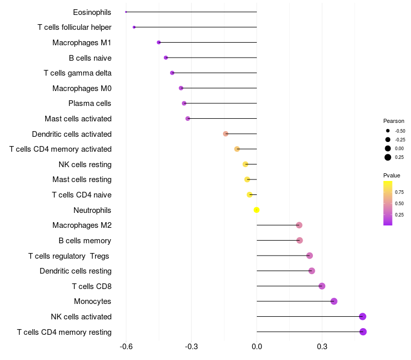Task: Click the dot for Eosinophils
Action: (x=126, y=12)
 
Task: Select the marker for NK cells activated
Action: (x=363, y=316)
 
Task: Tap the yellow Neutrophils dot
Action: (x=257, y=210)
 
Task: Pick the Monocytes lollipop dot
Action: (x=334, y=301)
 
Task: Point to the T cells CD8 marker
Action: (x=322, y=286)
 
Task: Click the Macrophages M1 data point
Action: (x=159, y=42)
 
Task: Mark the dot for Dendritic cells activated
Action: (x=226, y=134)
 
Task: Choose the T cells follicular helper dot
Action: (x=134, y=27)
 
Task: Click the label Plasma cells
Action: (x=90, y=103)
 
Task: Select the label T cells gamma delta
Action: (x=78, y=73)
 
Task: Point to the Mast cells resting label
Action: (x=82, y=179)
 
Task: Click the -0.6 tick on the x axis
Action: (x=126, y=347)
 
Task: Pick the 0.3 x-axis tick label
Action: (x=322, y=347)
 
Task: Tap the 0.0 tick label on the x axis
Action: (x=257, y=347)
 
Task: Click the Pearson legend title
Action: (x=394, y=121)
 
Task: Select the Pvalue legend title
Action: (x=391, y=175)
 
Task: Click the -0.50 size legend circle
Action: (x=388, y=131)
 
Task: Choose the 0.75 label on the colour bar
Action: (x=399, y=192)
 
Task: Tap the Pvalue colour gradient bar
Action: (x=388, y=203)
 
